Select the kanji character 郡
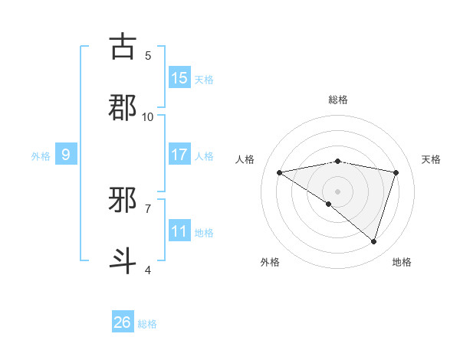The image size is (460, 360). pos(123,107)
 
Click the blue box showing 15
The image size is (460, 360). pos(179,78)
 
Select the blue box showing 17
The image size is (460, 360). pos(179,155)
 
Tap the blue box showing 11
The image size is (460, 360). pos(179,231)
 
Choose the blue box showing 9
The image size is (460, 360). pos(66,155)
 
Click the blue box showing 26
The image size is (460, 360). pos(123,322)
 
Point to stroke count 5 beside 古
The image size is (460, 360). pos(148,55)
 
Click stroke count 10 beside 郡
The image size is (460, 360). pos(148,116)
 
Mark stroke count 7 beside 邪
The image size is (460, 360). pos(148,208)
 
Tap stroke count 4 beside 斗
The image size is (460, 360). pos(148,270)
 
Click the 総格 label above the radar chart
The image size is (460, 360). pos(338,100)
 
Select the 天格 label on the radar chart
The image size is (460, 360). pos(431,159)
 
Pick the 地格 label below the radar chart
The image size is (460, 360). pos(402,262)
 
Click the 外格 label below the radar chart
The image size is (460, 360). pos(270,262)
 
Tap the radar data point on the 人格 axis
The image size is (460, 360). pos(280,172)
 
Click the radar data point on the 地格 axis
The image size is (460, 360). pos(373,241)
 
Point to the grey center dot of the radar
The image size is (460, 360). pos(337,191)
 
